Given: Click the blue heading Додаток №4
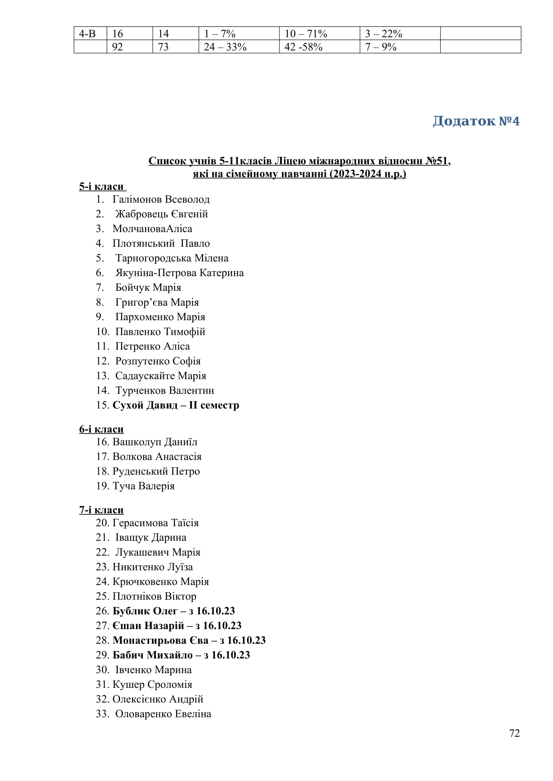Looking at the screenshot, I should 476,121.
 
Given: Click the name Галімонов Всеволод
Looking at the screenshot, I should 161,199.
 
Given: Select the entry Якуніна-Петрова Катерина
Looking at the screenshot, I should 180,273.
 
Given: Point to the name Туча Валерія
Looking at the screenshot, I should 143,486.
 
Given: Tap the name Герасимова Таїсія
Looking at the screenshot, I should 155,523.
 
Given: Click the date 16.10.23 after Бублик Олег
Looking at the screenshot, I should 216,611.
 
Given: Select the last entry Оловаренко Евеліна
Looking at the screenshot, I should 163,714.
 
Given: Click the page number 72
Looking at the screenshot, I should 514,733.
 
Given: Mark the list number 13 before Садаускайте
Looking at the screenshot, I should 102,376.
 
